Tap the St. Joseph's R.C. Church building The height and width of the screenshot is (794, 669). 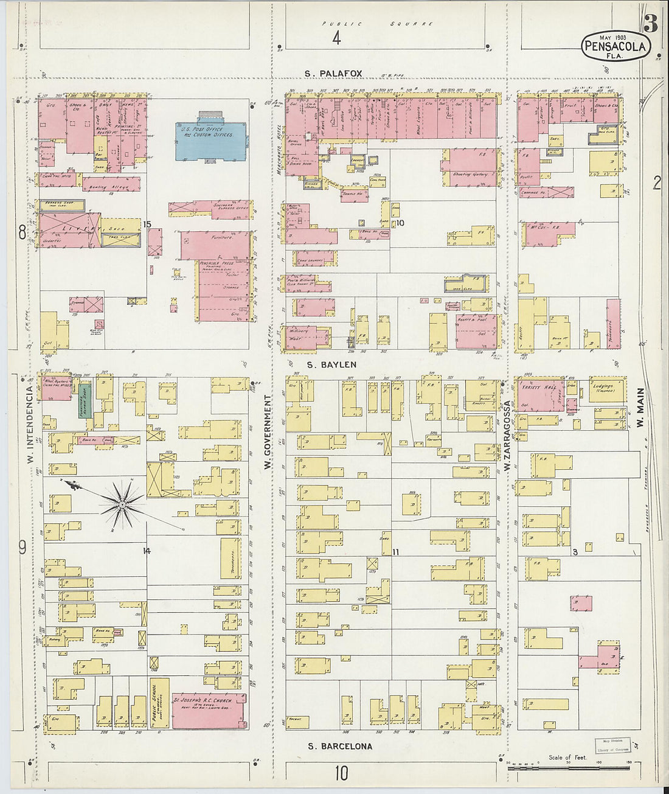209,710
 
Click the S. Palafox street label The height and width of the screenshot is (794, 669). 334,74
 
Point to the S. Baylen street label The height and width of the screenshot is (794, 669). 331,365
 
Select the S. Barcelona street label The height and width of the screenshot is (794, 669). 339,747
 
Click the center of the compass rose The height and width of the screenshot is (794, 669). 122,504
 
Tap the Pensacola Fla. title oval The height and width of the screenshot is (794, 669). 616,46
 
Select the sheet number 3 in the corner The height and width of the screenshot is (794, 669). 650,24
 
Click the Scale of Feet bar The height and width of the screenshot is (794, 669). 572,768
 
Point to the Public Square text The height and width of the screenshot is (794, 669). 377,24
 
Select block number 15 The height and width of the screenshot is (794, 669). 147,225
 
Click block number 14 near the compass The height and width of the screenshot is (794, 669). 147,551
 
